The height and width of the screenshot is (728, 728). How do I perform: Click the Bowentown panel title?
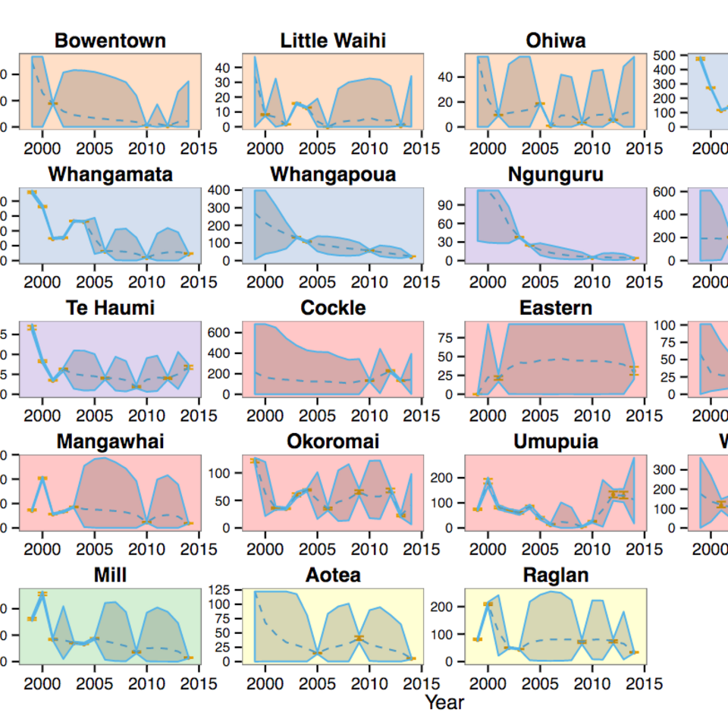[x=111, y=41]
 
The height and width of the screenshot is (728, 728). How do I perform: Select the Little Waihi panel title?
[x=333, y=41]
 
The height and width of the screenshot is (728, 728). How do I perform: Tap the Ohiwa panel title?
[x=555, y=41]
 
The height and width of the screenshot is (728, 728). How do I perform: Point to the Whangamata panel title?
[x=111, y=174]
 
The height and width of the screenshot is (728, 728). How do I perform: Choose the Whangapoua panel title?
[x=333, y=174]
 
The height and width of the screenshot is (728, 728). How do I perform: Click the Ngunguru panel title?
[x=555, y=174]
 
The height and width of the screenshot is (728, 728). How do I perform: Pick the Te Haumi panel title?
[x=111, y=308]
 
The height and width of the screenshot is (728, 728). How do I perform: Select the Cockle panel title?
[x=333, y=308]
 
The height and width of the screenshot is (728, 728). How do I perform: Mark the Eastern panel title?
[x=555, y=308]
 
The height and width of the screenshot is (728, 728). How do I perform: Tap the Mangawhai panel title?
[x=111, y=441]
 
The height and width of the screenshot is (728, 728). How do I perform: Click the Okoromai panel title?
[x=333, y=441]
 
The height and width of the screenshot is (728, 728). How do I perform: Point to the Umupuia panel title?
[x=555, y=441]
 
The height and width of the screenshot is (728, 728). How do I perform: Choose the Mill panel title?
[x=111, y=575]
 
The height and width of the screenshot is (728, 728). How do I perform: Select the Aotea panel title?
[x=333, y=575]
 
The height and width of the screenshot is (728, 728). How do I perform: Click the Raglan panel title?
[x=555, y=575]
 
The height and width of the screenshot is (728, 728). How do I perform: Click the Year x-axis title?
[x=444, y=702]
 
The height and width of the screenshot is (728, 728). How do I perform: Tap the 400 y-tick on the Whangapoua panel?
[x=222, y=190]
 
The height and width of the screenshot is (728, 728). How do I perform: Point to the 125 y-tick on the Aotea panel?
[x=222, y=589]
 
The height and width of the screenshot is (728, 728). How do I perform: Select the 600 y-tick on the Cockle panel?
[x=222, y=332]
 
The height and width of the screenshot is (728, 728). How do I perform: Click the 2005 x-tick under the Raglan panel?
[x=541, y=684]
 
